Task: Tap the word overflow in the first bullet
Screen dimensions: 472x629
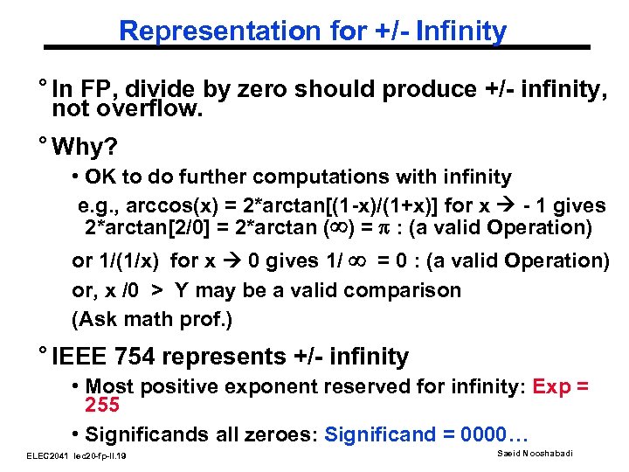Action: pos(158,108)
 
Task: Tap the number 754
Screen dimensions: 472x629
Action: pos(136,357)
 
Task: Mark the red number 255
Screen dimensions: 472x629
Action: pos(101,406)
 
